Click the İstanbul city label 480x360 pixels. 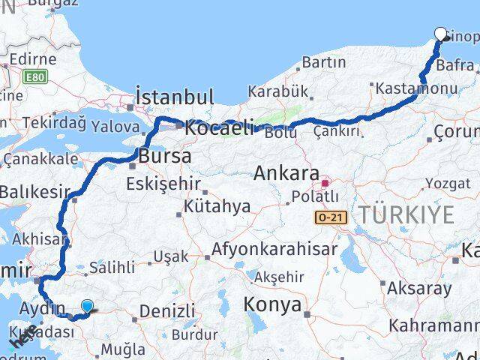tap(175, 97)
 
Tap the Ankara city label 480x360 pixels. tap(287, 173)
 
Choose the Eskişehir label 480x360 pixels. tap(162, 183)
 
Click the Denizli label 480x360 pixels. tap(166, 310)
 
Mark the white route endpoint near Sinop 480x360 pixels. tap(441, 34)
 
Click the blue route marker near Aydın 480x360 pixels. tap(88, 306)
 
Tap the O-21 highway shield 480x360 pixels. tap(331, 217)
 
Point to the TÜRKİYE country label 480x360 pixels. tap(406, 215)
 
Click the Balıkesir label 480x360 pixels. tap(29, 192)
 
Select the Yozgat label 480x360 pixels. tap(448, 183)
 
